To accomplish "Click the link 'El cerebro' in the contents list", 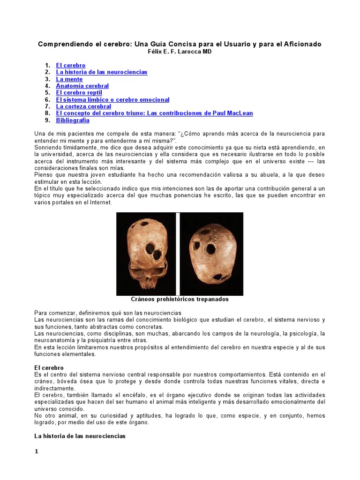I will [70, 65].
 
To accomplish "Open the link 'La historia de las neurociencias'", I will [101, 72].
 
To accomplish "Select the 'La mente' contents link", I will [69, 79].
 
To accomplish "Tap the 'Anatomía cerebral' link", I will [82, 86].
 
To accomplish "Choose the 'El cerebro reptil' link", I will [79, 93].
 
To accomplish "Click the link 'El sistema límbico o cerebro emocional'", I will [112, 100].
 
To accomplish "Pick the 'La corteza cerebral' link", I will [83, 106].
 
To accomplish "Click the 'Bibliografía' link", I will [72, 120].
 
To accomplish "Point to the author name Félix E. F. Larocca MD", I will [180, 52].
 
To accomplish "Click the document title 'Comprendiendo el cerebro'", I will [180, 44].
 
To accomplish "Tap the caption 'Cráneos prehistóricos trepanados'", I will [180, 299].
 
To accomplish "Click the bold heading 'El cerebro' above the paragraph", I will [49, 368].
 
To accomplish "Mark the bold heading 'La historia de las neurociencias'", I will [80, 436].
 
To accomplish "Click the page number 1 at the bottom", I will [36, 451].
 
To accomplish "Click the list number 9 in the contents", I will [47, 120].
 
